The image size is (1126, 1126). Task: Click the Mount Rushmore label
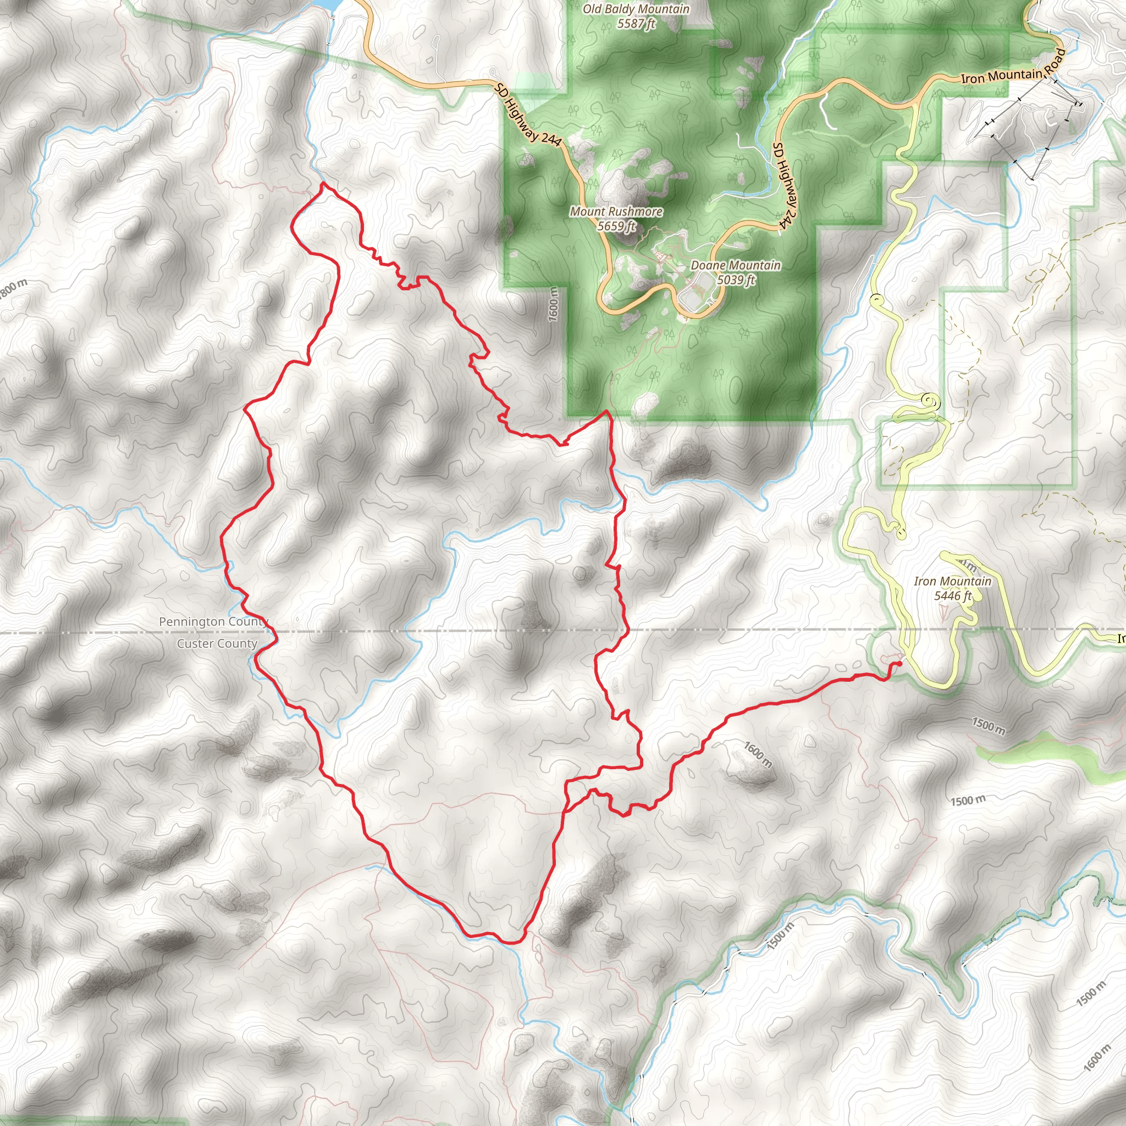click(x=616, y=212)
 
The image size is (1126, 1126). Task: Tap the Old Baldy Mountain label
click(x=636, y=9)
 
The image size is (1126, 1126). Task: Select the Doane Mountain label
click(x=736, y=266)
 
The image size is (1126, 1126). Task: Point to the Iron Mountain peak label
click(x=952, y=581)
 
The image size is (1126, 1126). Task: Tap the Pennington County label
click(x=213, y=622)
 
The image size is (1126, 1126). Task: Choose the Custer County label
click(x=217, y=643)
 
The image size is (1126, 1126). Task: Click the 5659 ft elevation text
click(x=616, y=226)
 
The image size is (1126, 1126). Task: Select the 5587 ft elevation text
click(x=637, y=24)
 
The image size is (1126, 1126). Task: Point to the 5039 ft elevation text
click(x=736, y=280)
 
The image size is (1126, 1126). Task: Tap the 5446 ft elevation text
click(x=953, y=595)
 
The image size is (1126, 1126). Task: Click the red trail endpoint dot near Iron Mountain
click(x=899, y=663)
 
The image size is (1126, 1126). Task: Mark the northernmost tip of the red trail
click(x=324, y=184)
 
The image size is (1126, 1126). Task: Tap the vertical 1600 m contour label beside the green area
click(x=553, y=303)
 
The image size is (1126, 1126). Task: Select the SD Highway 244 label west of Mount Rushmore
click(x=528, y=114)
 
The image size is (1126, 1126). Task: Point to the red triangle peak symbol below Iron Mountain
click(x=943, y=612)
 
